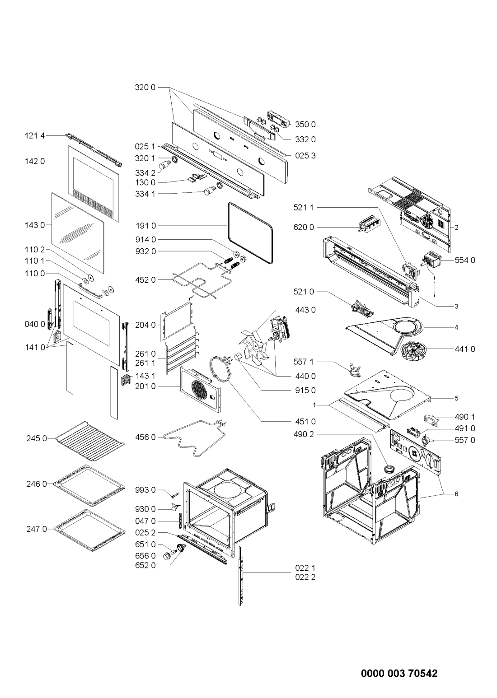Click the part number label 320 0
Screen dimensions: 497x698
[145, 88]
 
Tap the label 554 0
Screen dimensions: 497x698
[465, 260]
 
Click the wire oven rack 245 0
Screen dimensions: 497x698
[90, 442]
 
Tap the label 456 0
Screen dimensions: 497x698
[145, 437]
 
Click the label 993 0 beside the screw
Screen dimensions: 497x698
[145, 490]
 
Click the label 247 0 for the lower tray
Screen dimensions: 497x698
[37, 529]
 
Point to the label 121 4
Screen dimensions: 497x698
[35, 136]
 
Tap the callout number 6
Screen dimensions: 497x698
[456, 494]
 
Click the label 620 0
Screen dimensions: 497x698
[304, 228]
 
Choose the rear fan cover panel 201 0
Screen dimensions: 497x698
[201, 389]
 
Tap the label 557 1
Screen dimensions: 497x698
[303, 362]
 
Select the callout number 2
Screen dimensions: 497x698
[456, 228]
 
